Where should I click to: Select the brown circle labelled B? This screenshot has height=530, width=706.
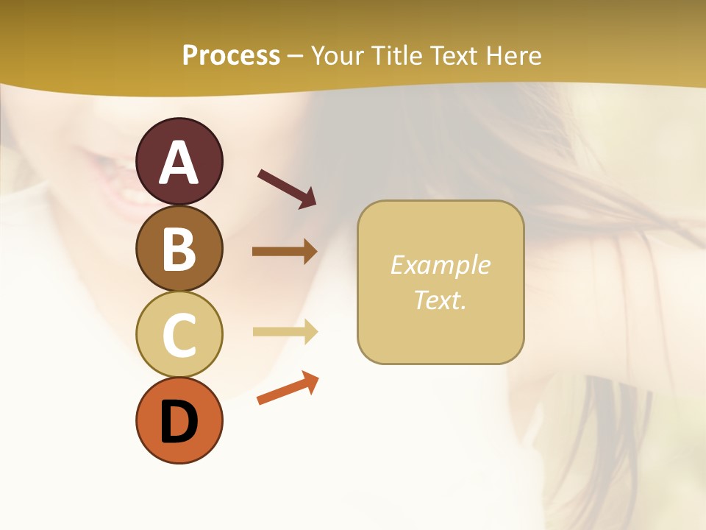[x=179, y=248]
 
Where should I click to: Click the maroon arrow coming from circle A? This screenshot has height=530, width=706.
[x=287, y=188]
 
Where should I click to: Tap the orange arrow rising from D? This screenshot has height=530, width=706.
[x=288, y=389]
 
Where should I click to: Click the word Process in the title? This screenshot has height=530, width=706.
[x=231, y=55]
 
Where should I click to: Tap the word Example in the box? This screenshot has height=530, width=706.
[x=440, y=265]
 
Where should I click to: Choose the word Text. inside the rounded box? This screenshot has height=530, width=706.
[x=440, y=300]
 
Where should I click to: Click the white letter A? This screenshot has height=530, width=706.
[x=179, y=163]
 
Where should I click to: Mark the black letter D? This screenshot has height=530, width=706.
[x=179, y=423]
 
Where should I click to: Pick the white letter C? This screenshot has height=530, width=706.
[x=179, y=335]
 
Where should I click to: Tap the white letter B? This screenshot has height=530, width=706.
[x=179, y=249]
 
